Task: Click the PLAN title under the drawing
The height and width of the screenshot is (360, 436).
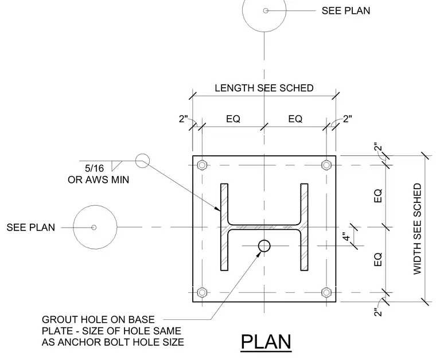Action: [x=266, y=342]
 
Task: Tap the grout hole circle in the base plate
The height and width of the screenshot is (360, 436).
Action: [x=264, y=246]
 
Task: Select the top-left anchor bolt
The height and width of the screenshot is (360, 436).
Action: [x=202, y=165]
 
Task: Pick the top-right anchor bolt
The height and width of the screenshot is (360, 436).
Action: [x=326, y=165]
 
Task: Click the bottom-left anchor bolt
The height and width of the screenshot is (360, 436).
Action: [x=202, y=292]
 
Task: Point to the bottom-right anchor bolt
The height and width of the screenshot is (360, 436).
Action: [x=326, y=292]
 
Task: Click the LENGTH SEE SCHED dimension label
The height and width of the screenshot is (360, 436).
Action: [x=264, y=88]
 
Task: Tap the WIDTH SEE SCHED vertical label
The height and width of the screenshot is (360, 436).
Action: [x=418, y=229]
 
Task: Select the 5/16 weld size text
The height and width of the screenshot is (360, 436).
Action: [x=94, y=169]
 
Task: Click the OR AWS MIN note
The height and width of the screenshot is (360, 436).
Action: [x=99, y=180]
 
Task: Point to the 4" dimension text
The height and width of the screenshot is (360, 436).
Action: [x=346, y=238]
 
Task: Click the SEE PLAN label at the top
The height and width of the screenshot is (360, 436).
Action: [x=346, y=11]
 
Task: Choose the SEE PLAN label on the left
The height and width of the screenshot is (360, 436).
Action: [x=31, y=228]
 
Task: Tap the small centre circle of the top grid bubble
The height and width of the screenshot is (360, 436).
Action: [x=266, y=10]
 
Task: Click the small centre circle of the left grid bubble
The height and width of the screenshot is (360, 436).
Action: [x=94, y=228]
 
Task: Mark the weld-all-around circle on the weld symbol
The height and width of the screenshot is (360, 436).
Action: [x=142, y=161]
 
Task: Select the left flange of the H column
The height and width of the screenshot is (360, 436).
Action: [x=224, y=227]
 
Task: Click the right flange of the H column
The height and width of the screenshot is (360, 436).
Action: [x=304, y=227]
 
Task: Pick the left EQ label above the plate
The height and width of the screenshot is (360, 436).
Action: [x=233, y=119]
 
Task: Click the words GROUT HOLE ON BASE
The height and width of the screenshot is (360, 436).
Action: [x=98, y=319]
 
